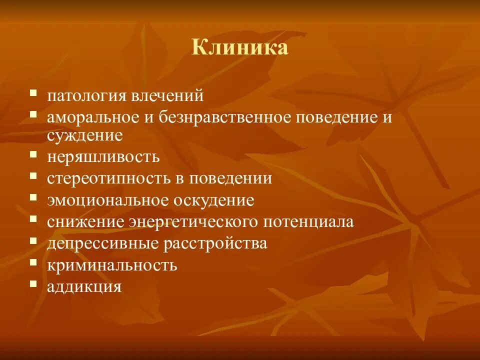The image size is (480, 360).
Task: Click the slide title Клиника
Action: tap(240, 48)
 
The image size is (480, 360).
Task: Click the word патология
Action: tap(83, 95)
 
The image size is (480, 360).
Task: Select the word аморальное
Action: tap(92, 118)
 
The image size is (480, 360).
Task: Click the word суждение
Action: tap(85, 135)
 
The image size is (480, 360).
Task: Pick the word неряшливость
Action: tap(103, 157)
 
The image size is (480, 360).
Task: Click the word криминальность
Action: tap(112, 265)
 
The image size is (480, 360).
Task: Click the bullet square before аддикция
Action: tap(33, 283)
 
